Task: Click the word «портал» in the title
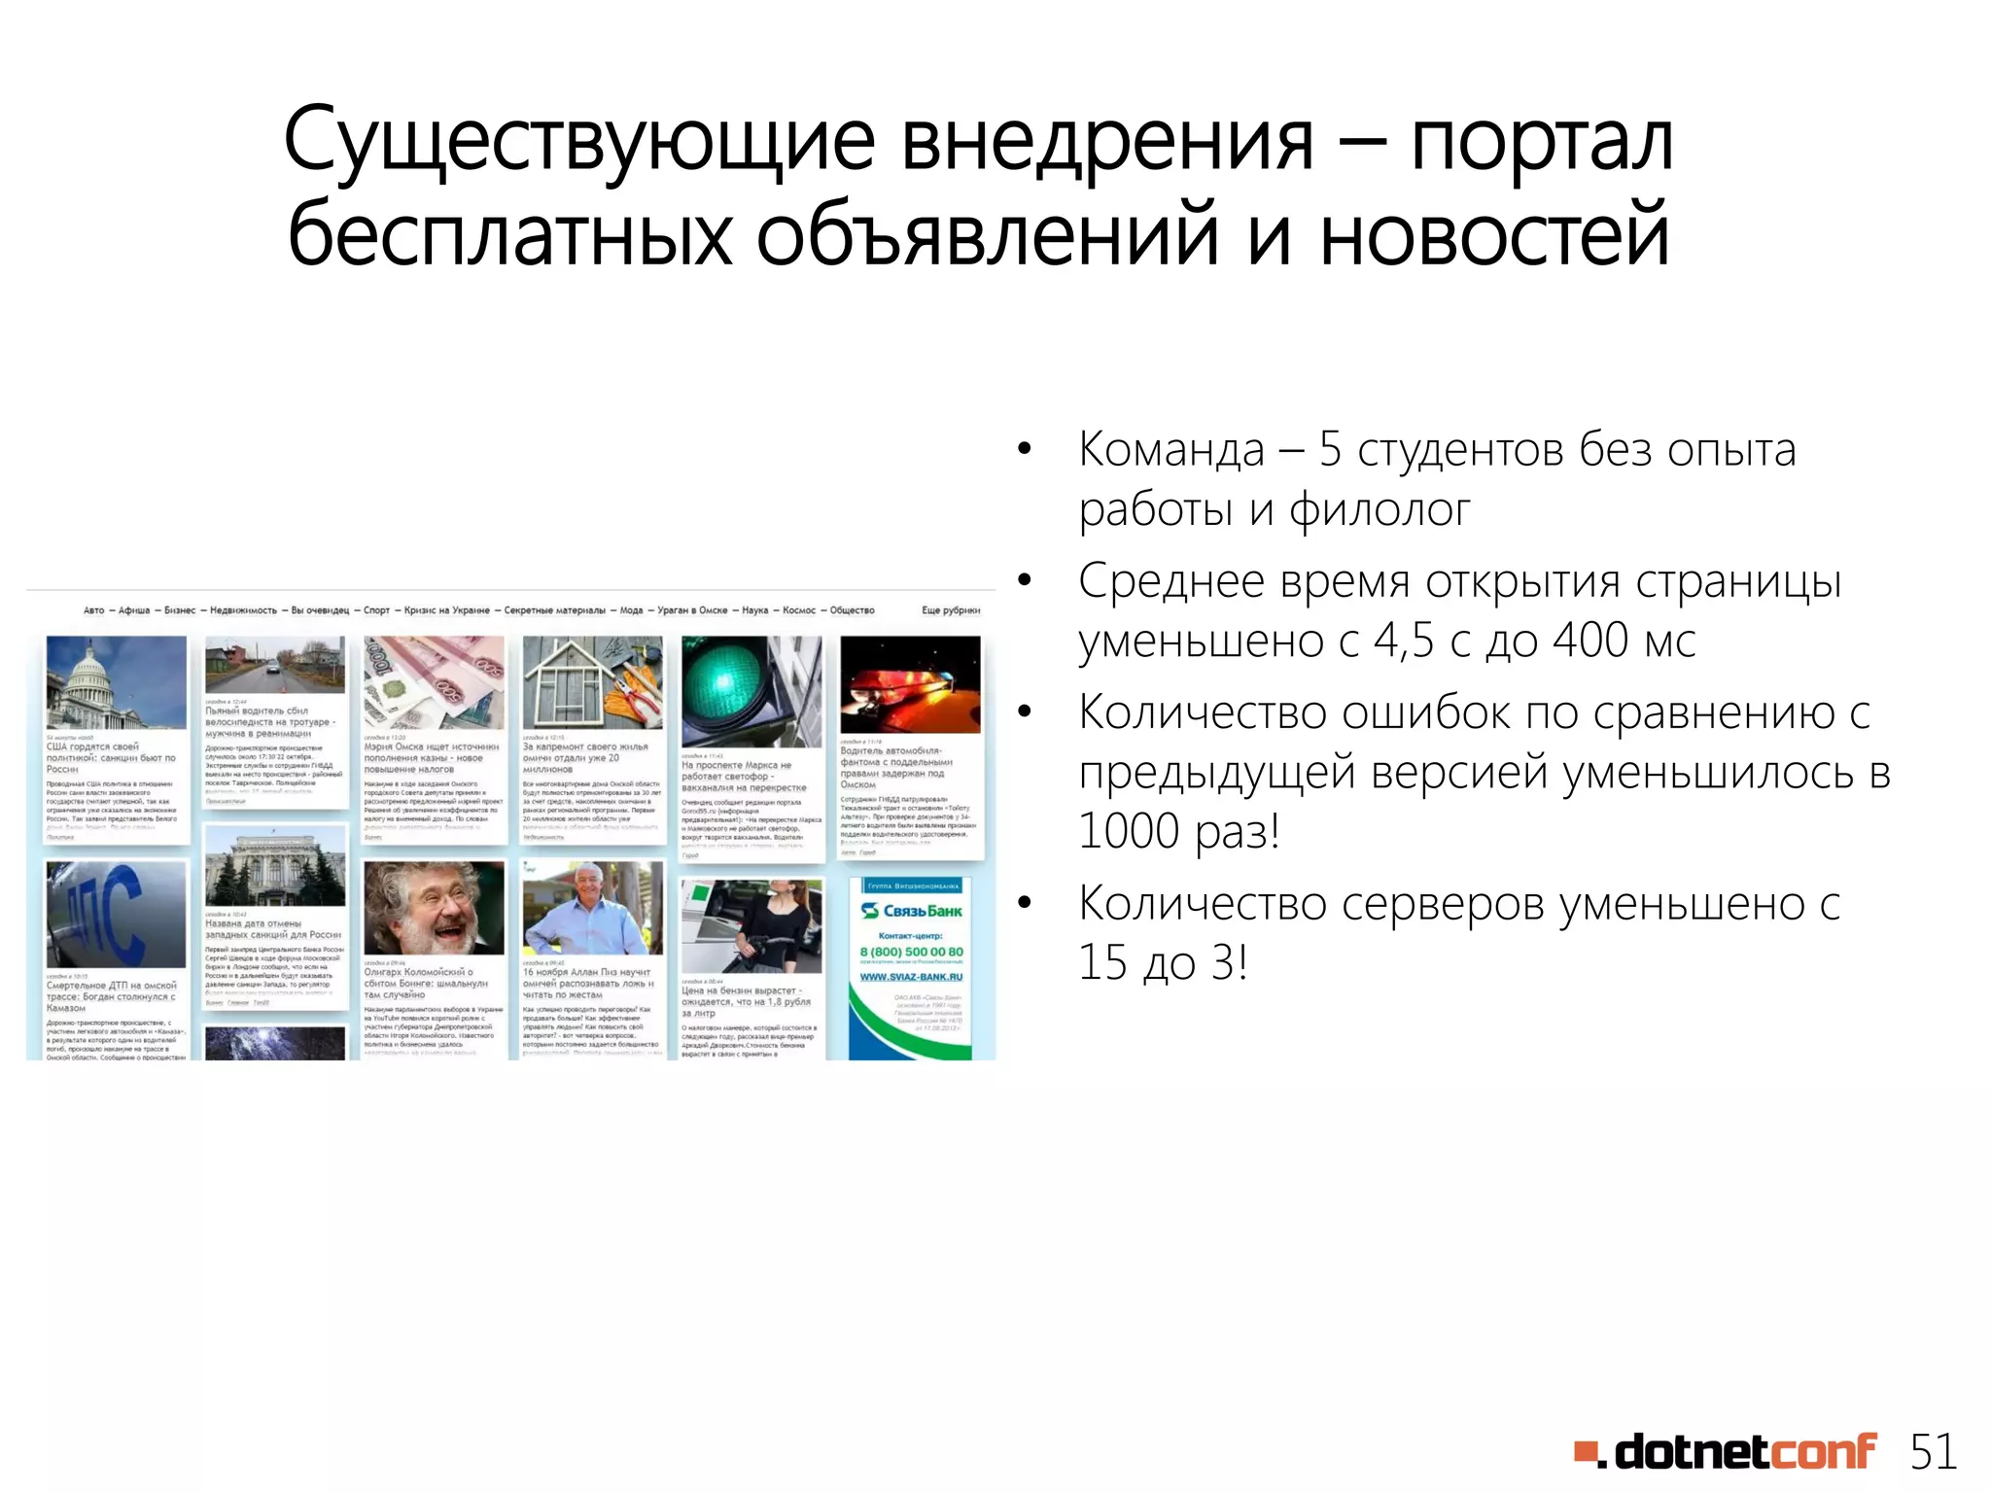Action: [x=1542, y=143]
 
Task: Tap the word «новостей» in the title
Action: [x=1494, y=234]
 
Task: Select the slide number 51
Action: [x=1934, y=1452]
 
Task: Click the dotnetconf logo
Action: [x=1726, y=1452]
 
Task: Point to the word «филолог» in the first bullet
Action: [x=1380, y=510]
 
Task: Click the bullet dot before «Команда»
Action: [x=1024, y=450]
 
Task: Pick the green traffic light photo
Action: [x=751, y=691]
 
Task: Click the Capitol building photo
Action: [x=117, y=681]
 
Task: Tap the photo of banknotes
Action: [x=434, y=681]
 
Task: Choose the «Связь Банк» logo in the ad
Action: [x=912, y=911]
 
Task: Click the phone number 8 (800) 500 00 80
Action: [x=911, y=952]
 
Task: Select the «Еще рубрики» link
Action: [x=950, y=610]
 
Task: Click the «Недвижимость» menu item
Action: [x=243, y=610]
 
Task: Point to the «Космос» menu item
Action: [x=799, y=610]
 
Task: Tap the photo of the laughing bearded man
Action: [x=434, y=909]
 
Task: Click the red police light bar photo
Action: [x=910, y=683]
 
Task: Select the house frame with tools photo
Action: [x=592, y=681]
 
